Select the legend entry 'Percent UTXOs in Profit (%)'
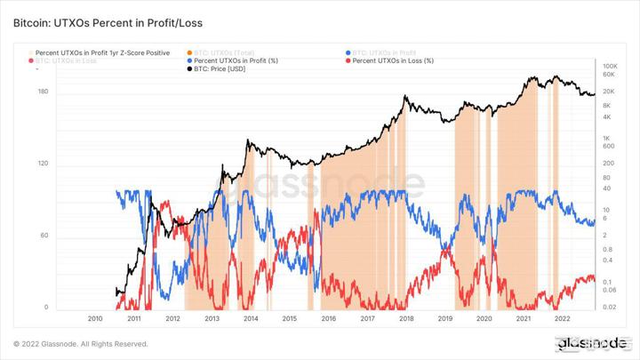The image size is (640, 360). [x=236, y=60]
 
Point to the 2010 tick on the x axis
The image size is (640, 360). [x=95, y=317]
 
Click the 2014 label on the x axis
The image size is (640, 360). [x=251, y=317]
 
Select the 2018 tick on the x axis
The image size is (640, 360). [x=406, y=317]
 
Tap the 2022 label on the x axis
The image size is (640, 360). [x=562, y=317]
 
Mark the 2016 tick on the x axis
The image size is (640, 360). [x=328, y=317]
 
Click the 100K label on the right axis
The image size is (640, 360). [x=610, y=67]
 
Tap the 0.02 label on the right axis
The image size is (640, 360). [x=609, y=307]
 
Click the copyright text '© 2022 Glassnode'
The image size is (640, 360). [x=80, y=344]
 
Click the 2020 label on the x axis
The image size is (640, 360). [x=484, y=317]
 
